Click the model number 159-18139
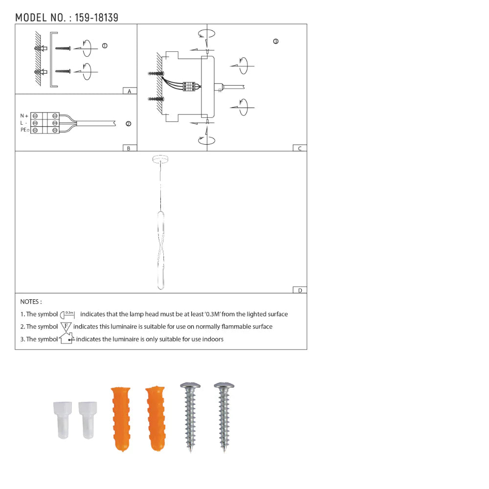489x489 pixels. coord(96,18)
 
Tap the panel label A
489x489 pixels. coord(130,91)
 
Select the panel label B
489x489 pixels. coord(129,149)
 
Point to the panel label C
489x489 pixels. coord(300,149)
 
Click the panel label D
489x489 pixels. coord(300,290)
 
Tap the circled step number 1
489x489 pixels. coord(105,45)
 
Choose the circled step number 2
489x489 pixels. coord(129,124)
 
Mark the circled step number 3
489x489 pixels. coord(276,41)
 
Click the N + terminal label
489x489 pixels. coord(24,116)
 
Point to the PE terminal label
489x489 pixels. coord(24,130)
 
